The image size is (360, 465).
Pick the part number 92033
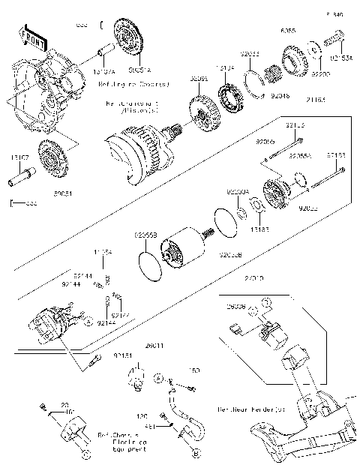(250, 55)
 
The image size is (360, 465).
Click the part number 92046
(279, 97)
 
